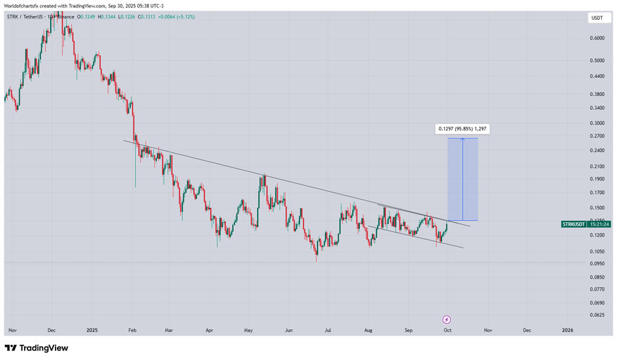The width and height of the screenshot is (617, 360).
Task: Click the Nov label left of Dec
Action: [12, 331]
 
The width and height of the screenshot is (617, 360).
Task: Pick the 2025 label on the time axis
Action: [93, 331]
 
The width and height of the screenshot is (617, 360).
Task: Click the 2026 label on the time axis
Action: [568, 331]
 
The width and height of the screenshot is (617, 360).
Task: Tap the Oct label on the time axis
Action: [447, 331]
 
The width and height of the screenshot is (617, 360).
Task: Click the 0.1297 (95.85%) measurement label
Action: [463, 128]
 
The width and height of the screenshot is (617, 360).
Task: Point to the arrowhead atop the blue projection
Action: [463, 139]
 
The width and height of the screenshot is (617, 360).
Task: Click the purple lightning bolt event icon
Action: [446, 320]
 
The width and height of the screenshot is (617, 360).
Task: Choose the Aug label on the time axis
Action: [368, 331]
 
